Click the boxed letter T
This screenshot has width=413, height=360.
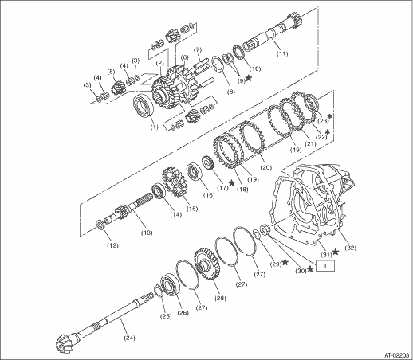coord(325,266)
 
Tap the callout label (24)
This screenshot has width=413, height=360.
coord(129,338)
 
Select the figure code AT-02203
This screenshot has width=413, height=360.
coord(397,355)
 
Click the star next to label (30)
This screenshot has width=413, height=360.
coord(310,269)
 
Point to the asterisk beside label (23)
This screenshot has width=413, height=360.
coord(330,116)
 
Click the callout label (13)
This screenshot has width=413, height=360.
coord(147,233)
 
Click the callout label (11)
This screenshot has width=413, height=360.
coord(282,53)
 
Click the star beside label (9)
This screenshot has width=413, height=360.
coord(249,78)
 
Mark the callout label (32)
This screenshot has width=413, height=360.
coord(350,248)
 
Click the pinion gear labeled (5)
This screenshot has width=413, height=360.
coord(116,86)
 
